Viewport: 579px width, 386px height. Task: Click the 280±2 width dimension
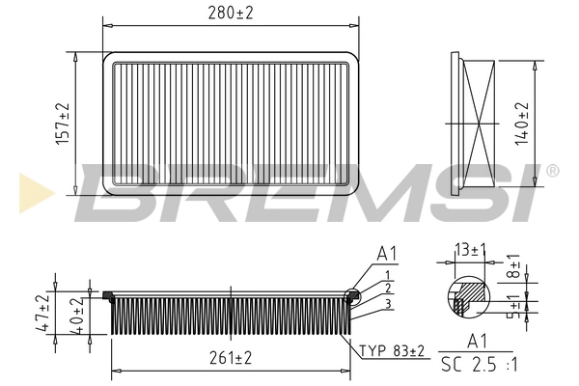(x=231, y=14)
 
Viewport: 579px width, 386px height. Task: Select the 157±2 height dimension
(x=63, y=124)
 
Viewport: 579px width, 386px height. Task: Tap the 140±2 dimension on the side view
(x=522, y=124)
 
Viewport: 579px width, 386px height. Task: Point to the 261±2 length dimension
(x=231, y=358)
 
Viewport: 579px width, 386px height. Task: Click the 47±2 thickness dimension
(x=43, y=313)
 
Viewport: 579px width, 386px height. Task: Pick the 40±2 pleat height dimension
(x=77, y=316)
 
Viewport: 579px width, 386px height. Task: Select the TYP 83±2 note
(x=392, y=350)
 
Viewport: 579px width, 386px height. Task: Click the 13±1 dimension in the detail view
(x=470, y=251)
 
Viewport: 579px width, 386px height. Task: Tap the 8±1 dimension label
(x=513, y=266)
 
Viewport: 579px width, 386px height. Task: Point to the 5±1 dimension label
(x=513, y=306)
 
